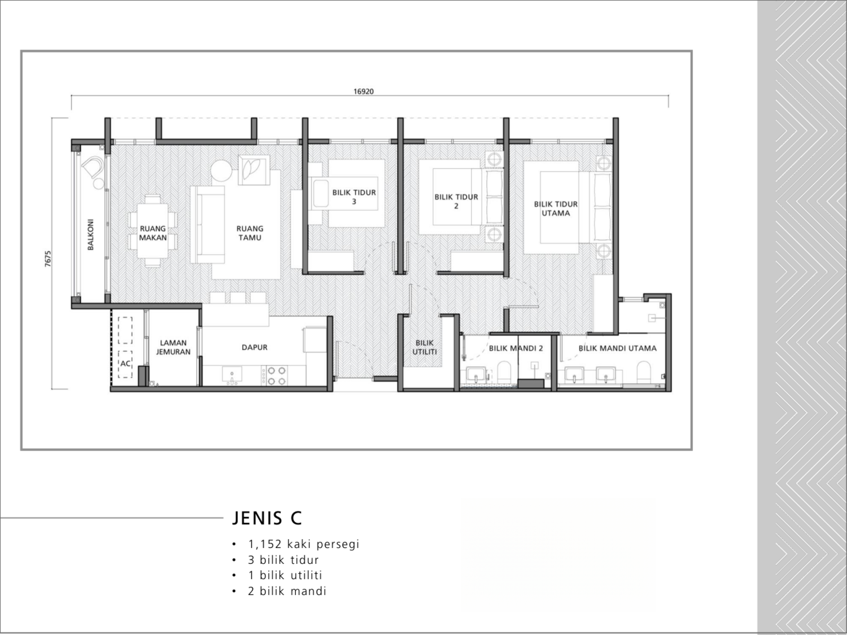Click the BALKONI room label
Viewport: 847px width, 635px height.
91,234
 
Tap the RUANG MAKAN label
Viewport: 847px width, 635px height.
153,233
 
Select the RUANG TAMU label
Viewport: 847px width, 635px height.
250,233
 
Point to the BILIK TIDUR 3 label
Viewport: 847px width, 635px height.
354,197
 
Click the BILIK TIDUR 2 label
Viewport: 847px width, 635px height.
456,202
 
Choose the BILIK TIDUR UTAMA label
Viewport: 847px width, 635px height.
556,208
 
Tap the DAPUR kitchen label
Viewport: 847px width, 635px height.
255,347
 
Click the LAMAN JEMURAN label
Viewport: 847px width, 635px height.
173,347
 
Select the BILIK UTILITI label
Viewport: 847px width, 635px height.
425,347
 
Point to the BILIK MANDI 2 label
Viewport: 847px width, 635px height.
516,348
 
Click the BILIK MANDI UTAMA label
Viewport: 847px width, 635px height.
617,348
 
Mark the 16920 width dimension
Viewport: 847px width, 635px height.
364,91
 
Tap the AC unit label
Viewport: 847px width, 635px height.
125,364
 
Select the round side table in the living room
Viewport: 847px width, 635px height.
221,171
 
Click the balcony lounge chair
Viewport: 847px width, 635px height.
93,169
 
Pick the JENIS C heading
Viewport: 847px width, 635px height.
267,518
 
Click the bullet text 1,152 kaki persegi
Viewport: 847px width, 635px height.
303,544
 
